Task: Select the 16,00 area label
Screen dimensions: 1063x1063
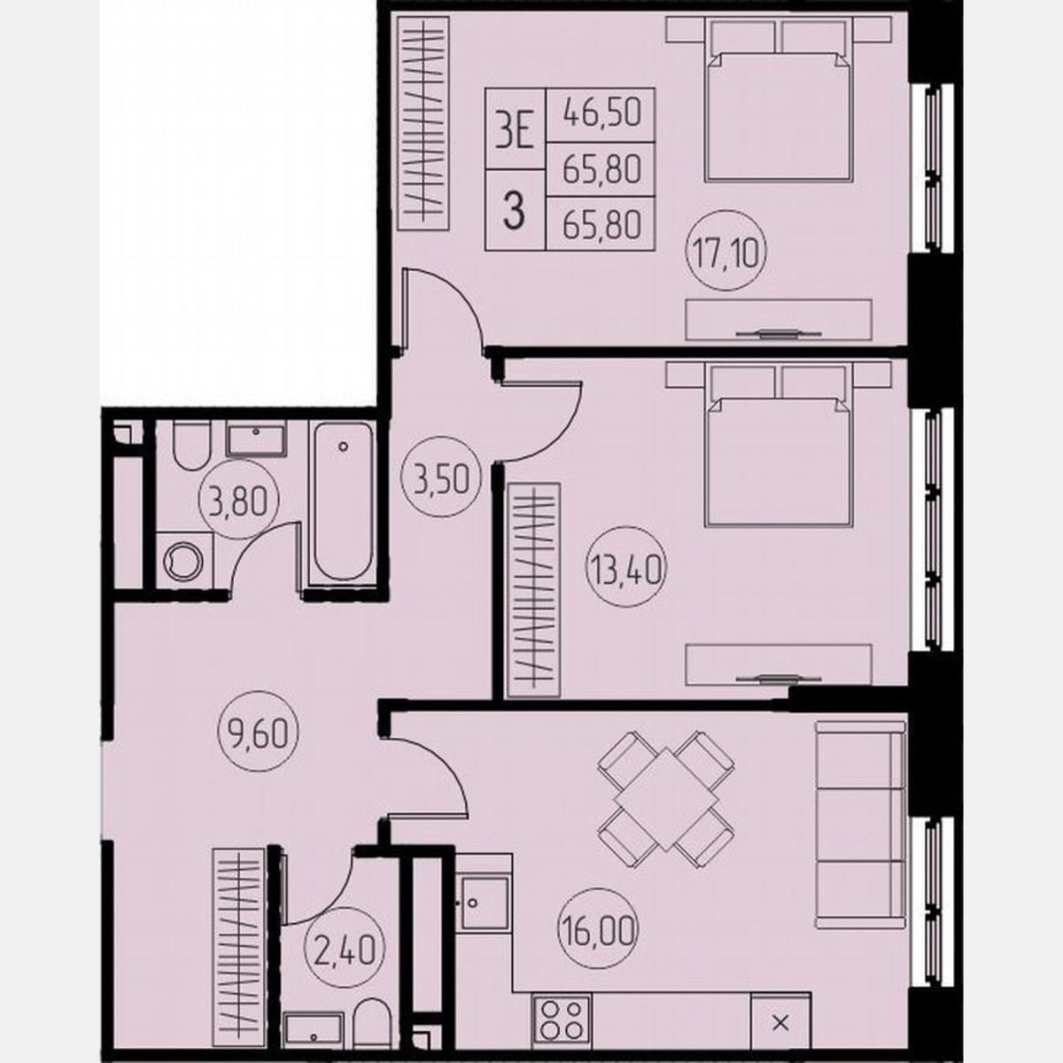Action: click(x=598, y=929)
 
